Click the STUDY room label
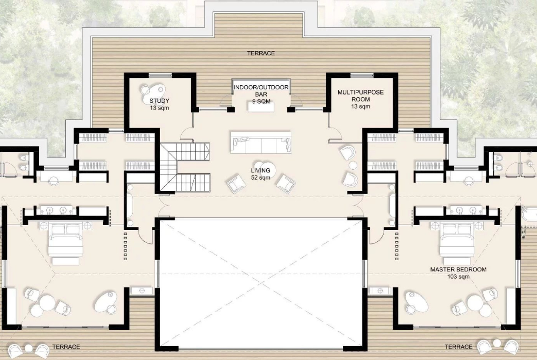[x=159, y=101]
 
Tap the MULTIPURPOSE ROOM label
[x=361, y=96]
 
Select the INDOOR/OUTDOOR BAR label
[x=261, y=91]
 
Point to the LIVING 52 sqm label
[x=261, y=174]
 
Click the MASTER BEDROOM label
[x=458, y=269]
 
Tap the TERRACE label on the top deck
[x=261, y=53]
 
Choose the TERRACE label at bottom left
[x=66, y=347]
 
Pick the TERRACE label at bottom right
[x=459, y=347]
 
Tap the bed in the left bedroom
[x=66, y=239]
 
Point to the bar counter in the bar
[x=261, y=107]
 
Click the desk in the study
[x=153, y=89]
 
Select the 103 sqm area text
[x=458, y=277]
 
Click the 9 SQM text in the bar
[x=261, y=101]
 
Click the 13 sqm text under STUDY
[x=159, y=108]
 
